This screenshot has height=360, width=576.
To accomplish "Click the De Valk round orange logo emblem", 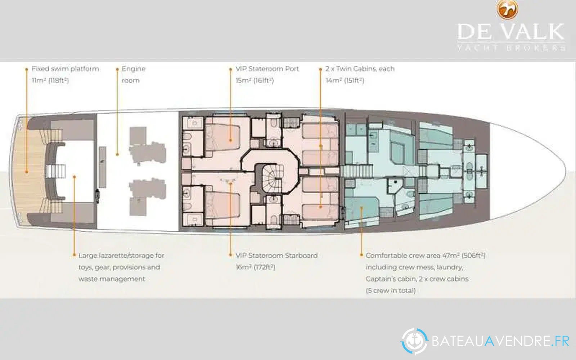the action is pos(507,9).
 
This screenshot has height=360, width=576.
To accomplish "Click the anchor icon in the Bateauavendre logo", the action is pos(414,342).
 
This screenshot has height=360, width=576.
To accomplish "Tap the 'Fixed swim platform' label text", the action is pos(65,69).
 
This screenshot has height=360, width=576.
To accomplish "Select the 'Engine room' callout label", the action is pos(134,75).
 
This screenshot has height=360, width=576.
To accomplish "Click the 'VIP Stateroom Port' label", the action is pos(267,69).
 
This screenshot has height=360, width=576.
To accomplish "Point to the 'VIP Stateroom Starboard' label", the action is pos(276,256).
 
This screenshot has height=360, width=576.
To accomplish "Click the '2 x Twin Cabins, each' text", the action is pos(360,69).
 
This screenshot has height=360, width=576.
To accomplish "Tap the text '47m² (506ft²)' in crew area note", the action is pos(464,256).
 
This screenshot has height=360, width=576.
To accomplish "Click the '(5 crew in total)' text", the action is pos(391,291).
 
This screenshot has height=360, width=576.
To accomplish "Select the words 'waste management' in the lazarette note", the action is pos(112,279).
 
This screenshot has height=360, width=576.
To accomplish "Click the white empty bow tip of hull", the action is pos(530,171).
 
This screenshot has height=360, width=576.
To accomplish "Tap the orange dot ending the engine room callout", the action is pos(117,154).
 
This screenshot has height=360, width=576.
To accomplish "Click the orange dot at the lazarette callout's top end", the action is pos(74,177).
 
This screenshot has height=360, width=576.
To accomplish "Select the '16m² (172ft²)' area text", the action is pos(255,267).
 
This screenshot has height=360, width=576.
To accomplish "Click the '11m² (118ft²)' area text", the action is pos(50,81).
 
